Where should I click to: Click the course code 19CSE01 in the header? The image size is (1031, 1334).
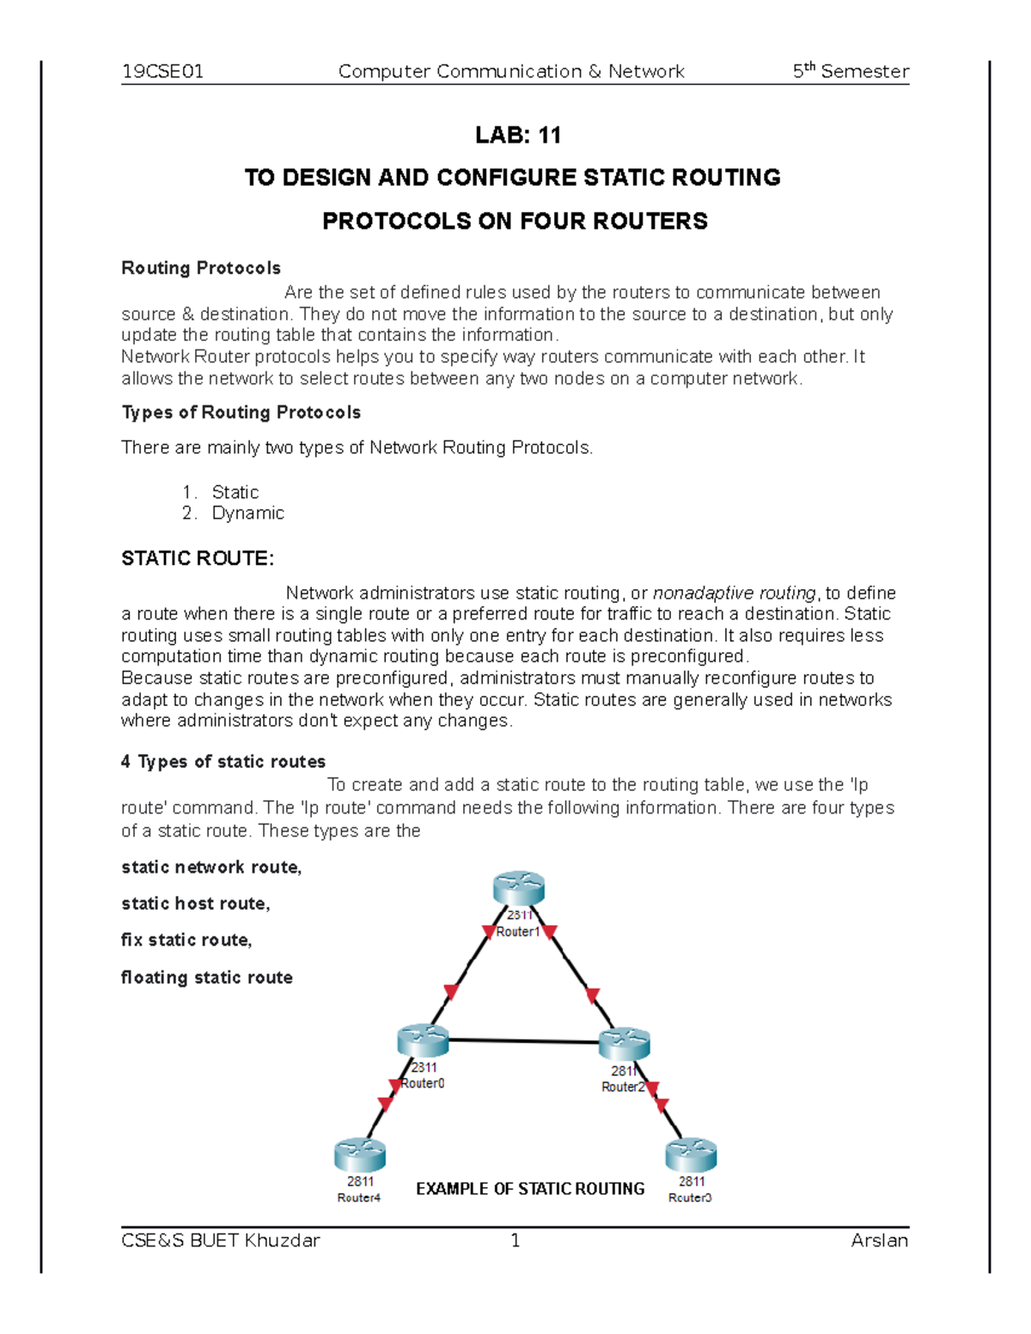[162, 71]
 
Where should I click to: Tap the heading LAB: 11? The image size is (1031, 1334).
[517, 135]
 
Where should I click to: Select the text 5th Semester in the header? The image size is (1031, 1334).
[850, 71]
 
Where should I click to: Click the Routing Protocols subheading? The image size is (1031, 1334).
[201, 268]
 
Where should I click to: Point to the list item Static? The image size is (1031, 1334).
[235, 492]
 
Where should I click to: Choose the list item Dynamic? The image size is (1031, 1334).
[247, 513]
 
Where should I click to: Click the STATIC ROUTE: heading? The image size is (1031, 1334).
[198, 558]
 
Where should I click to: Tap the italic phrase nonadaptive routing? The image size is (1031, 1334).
[734, 593]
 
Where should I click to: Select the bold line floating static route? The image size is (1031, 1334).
[207, 978]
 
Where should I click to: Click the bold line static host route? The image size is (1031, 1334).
[196, 904]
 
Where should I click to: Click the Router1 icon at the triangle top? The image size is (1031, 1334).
[519, 888]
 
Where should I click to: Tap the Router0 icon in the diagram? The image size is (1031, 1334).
[423, 1040]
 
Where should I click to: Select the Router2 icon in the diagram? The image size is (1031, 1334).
[625, 1044]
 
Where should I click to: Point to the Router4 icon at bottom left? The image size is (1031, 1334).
[360, 1155]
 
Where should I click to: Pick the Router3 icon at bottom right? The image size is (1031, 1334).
[691, 1155]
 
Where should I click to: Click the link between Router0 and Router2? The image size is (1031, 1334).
[523, 1041]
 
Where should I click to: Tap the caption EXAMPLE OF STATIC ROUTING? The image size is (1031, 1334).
[530, 1189]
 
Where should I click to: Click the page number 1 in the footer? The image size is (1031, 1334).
[515, 1240]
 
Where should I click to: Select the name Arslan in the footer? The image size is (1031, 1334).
[879, 1240]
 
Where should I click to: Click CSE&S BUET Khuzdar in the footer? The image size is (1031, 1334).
[221, 1240]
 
